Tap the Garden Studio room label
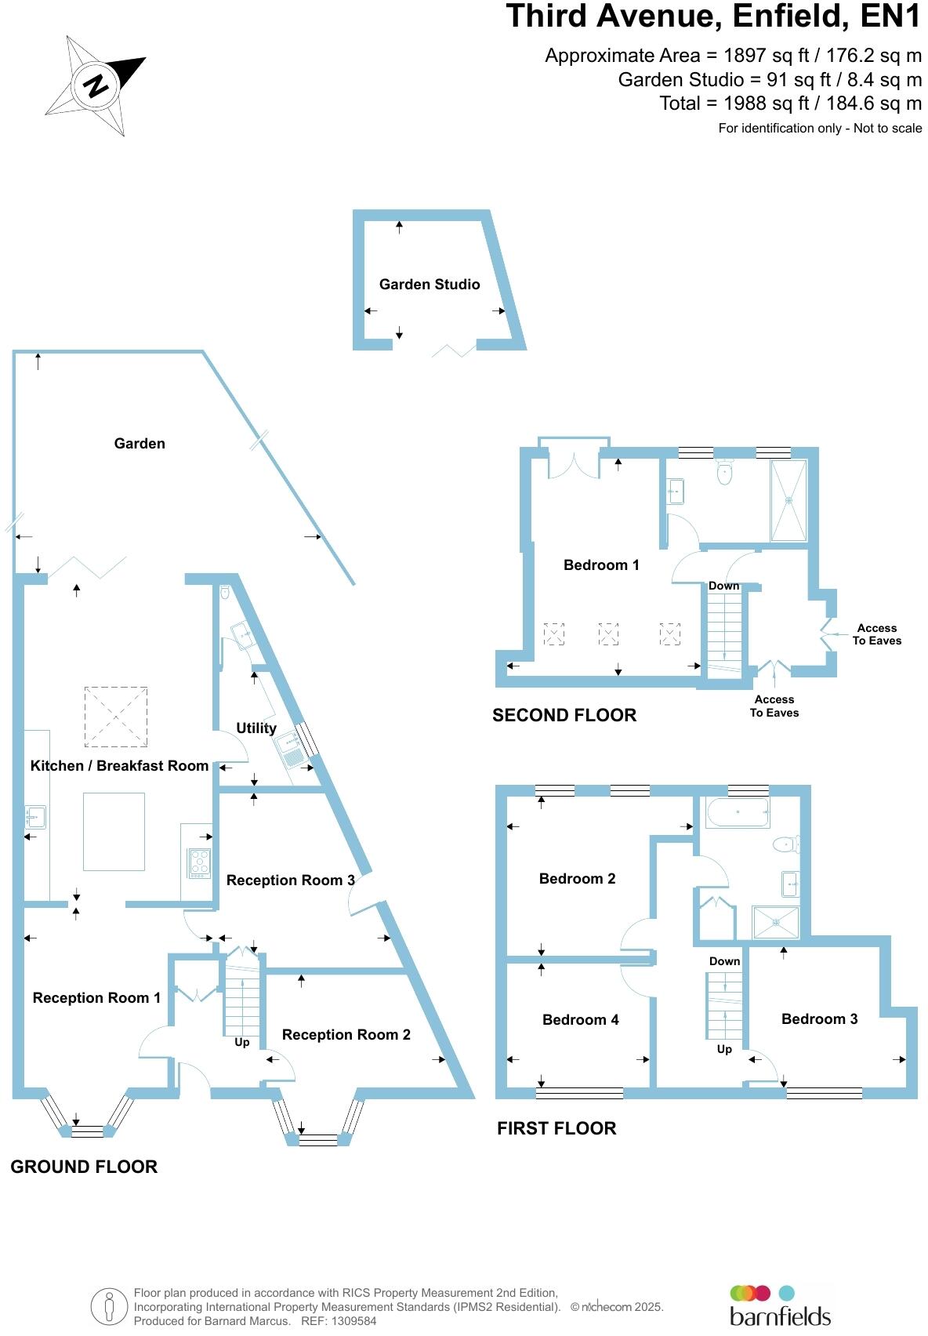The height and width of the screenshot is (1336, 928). [x=430, y=285]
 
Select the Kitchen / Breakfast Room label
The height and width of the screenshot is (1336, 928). [x=119, y=766]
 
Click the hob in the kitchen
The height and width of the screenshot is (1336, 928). [x=200, y=862]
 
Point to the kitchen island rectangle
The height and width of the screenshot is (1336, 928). [x=114, y=832]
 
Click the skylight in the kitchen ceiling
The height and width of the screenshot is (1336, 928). [x=115, y=716]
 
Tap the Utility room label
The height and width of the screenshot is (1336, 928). [x=256, y=728]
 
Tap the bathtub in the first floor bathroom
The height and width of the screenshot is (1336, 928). [x=738, y=814]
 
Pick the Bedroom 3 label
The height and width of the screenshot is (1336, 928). [x=819, y=1019]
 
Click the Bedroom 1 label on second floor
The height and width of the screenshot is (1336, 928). [x=601, y=565]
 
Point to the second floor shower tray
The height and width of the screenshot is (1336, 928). [x=788, y=500]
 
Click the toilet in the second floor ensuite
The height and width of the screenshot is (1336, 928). [x=724, y=473]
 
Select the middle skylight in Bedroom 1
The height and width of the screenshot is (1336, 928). [x=608, y=634]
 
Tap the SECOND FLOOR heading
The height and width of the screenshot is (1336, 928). [x=564, y=715]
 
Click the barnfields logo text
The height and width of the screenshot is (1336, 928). [x=780, y=1315]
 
